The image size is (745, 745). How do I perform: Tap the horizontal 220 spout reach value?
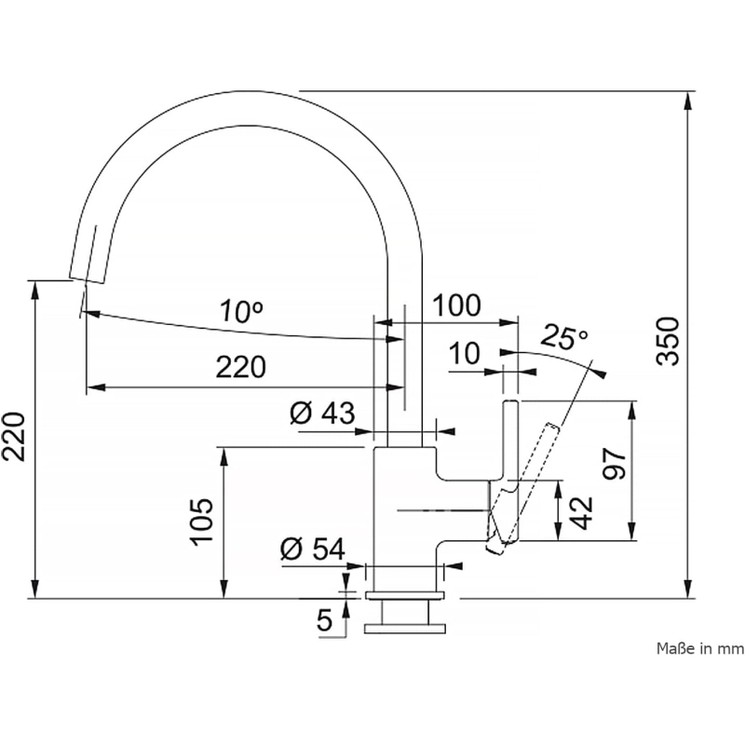[241, 367]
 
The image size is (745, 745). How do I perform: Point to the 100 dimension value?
[457, 305]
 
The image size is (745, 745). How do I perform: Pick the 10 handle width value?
[463, 353]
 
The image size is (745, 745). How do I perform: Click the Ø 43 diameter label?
[321, 413]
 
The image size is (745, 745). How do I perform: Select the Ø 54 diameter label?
[311, 550]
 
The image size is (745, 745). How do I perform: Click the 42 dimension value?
[580, 511]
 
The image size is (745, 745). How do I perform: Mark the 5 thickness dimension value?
[324, 621]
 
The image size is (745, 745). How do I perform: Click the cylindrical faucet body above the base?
[404, 503]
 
